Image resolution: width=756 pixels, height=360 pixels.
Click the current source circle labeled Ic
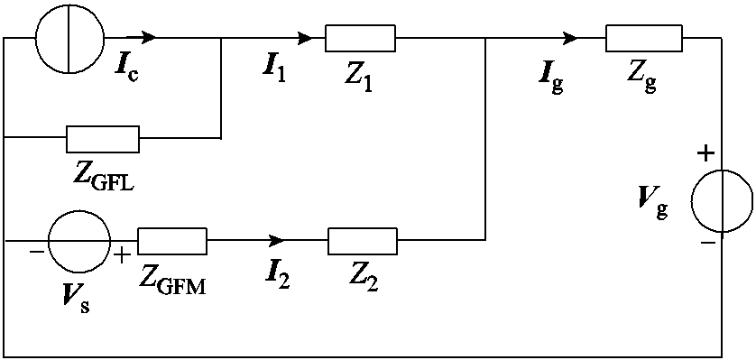(x=69, y=39)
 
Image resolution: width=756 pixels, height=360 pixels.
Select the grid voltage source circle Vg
(x=722, y=199)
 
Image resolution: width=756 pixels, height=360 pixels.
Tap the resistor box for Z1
(x=360, y=39)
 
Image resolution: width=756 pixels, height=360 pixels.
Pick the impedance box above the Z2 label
(x=363, y=242)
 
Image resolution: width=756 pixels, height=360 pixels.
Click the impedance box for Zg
(x=644, y=39)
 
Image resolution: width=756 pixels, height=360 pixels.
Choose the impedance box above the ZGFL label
(x=103, y=139)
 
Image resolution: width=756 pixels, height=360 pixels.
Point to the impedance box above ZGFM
(x=172, y=242)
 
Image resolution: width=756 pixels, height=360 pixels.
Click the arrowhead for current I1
(x=306, y=39)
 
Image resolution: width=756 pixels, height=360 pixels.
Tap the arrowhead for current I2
(x=276, y=242)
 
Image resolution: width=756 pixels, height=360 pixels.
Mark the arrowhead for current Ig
(x=570, y=39)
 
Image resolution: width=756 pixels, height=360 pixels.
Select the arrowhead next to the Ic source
(x=148, y=39)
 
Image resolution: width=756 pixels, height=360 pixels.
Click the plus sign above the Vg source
(x=705, y=152)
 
